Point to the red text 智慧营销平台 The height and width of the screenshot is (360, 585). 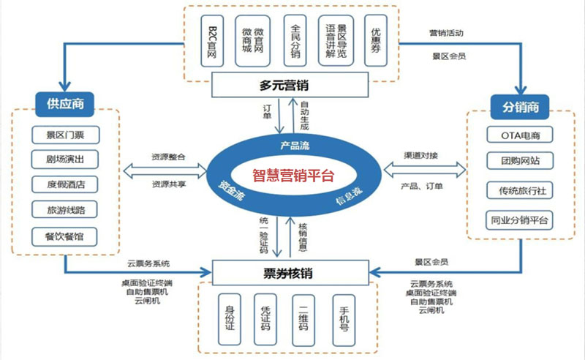pyautogui.click(x=292, y=176)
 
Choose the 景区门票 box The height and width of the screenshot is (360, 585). pyautogui.click(x=66, y=135)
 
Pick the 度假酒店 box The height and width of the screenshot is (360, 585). pyautogui.click(x=66, y=184)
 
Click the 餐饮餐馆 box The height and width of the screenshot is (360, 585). pyautogui.click(x=66, y=236)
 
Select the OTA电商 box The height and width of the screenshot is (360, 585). pyautogui.click(x=520, y=135)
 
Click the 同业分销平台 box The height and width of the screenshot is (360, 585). pyautogui.click(x=520, y=219)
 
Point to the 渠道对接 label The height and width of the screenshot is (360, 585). pyautogui.click(x=422, y=155)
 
